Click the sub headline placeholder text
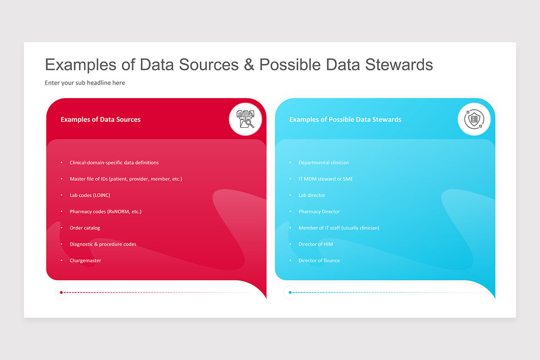(85, 83)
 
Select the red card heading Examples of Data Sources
(100, 119)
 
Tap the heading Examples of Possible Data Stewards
(345, 119)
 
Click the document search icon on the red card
(245, 119)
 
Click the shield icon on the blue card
(474, 119)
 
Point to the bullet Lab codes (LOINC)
(90, 195)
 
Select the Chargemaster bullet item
(85, 261)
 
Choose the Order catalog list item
(85, 228)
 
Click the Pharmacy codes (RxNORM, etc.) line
(105, 211)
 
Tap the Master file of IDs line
(126, 179)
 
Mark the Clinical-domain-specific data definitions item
(114, 162)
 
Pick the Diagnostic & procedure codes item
(103, 244)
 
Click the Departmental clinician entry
(323, 162)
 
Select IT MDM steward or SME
(325, 179)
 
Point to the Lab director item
(311, 195)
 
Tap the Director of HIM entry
(315, 244)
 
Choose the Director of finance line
(319, 261)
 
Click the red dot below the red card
(61, 292)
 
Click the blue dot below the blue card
(290, 292)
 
